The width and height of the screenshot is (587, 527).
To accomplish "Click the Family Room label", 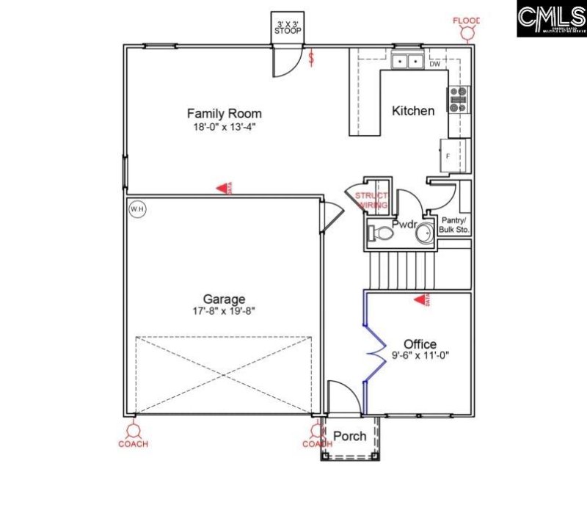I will click(x=224, y=114).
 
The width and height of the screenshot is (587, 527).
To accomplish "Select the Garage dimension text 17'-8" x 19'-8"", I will click(x=224, y=310).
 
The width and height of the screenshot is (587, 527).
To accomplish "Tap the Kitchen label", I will click(x=413, y=111).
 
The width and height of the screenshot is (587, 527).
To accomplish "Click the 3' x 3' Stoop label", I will click(x=288, y=27).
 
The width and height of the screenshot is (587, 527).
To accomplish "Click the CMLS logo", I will click(x=551, y=18).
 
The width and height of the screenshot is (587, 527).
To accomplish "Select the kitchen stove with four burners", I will click(x=459, y=99).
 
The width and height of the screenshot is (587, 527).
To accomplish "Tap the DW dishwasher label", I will click(x=435, y=65).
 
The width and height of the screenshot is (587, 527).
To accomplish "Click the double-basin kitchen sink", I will click(x=405, y=62).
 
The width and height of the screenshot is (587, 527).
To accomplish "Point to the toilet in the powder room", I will click(x=379, y=233).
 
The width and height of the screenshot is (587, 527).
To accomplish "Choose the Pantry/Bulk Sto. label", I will click(x=454, y=225).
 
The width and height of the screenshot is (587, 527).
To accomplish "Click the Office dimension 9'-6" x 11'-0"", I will click(x=420, y=357).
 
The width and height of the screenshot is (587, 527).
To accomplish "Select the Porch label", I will click(x=350, y=436).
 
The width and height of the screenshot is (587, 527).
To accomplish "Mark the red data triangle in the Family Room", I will click(x=222, y=189).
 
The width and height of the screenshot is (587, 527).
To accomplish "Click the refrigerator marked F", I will click(x=449, y=155).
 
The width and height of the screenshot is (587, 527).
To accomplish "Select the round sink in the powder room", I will click(x=425, y=235).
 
